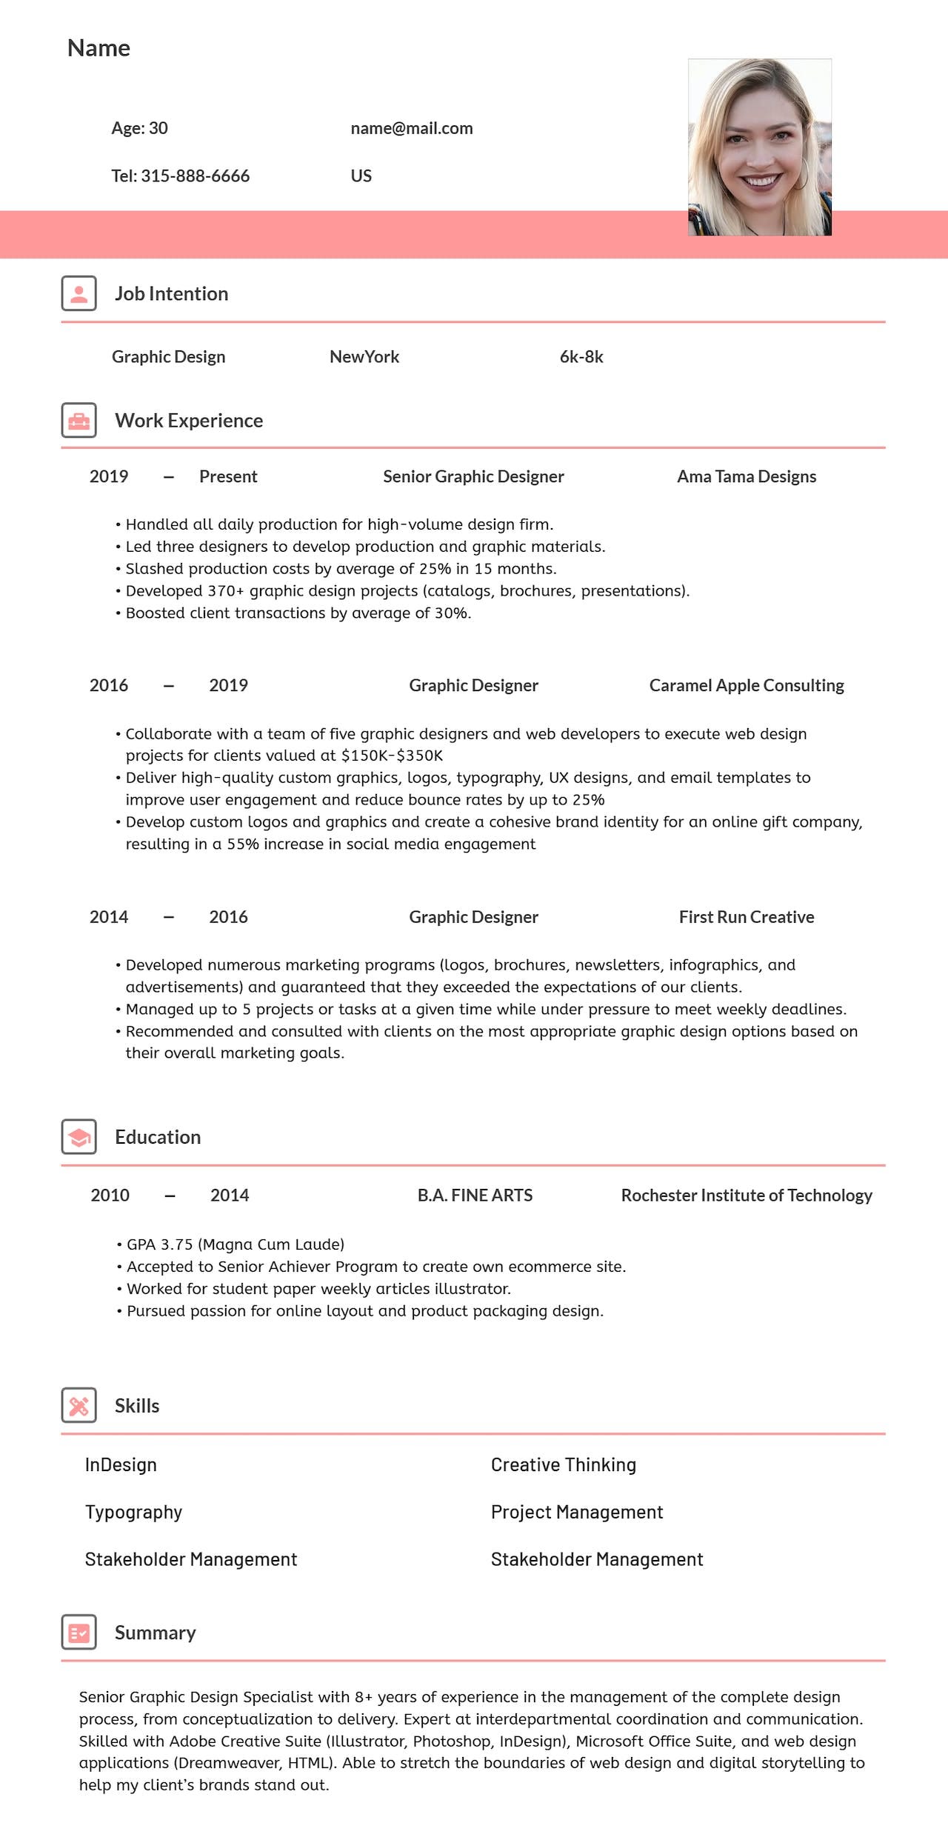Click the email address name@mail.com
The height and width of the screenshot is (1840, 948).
click(x=411, y=128)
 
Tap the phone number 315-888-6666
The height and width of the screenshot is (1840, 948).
click(x=195, y=176)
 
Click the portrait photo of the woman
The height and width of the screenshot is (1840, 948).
click(x=759, y=147)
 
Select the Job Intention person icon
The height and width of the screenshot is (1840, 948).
click(x=79, y=293)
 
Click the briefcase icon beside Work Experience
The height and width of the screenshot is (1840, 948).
click(x=79, y=420)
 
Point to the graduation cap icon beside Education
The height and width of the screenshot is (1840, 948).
click(x=79, y=1136)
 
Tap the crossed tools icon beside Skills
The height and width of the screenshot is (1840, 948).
click(x=79, y=1405)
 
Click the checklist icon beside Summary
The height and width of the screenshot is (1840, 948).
click(x=79, y=1632)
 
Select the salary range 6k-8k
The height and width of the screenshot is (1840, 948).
click(x=581, y=357)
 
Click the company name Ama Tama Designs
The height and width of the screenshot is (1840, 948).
click(x=746, y=476)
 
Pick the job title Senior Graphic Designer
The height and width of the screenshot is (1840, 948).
click(x=473, y=476)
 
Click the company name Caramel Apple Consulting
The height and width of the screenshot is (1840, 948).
click(x=746, y=685)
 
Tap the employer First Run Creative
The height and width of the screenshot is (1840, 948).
click(x=746, y=917)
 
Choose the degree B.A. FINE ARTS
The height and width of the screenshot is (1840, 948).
click(x=475, y=1195)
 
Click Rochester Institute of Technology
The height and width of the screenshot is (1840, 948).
click(x=746, y=1195)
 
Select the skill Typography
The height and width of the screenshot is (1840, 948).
click(x=133, y=1512)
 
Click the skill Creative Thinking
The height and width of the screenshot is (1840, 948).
click(x=563, y=1464)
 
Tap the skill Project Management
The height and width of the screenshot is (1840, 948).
click(x=576, y=1512)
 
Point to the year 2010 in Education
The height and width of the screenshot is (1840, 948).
click(x=110, y=1195)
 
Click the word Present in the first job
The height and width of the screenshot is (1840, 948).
click(x=228, y=476)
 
